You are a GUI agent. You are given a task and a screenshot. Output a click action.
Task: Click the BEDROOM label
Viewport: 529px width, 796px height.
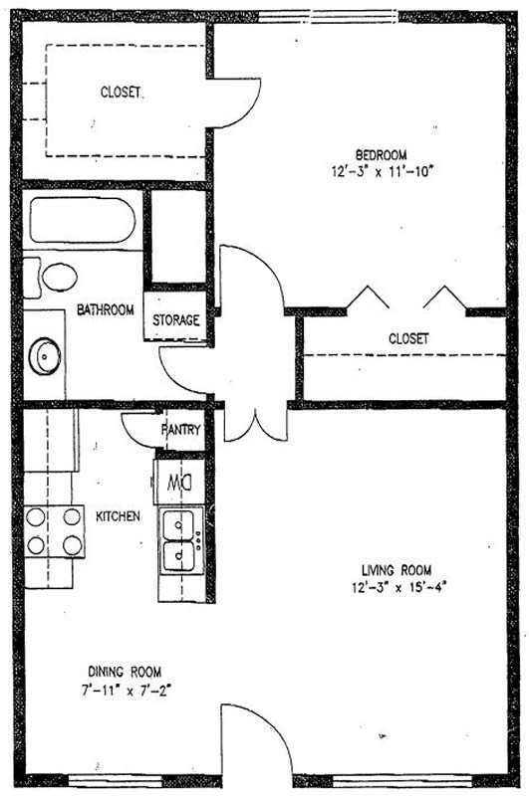(381, 155)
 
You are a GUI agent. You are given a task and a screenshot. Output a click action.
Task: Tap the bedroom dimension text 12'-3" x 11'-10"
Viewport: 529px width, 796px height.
(382, 171)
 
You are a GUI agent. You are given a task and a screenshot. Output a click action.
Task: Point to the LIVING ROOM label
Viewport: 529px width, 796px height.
(397, 570)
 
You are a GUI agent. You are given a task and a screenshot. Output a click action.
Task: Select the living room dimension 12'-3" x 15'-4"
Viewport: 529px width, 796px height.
(398, 587)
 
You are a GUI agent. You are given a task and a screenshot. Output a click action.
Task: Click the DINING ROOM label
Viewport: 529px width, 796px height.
(125, 673)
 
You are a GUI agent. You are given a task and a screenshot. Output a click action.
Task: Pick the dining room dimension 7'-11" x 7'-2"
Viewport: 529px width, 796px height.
(126, 691)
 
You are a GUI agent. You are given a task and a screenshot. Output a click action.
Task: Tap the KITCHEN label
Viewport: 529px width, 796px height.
(118, 516)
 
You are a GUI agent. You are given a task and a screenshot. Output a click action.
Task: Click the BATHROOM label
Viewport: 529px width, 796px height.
(106, 309)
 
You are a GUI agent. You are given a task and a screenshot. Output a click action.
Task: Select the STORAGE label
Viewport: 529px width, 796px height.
(175, 319)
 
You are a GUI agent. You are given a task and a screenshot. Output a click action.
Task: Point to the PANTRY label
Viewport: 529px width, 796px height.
(181, 430)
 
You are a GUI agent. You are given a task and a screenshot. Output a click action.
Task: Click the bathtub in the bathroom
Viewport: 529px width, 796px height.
(83, 220)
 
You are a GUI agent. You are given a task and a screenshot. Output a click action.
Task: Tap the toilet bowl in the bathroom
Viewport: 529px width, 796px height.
(60, 278)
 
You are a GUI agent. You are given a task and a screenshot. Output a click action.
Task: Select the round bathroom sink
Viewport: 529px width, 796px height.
(45, 356)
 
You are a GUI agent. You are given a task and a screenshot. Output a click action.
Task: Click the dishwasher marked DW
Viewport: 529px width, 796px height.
(179, 482)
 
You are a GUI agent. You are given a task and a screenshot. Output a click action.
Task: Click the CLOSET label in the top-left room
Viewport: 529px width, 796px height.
(121, 92)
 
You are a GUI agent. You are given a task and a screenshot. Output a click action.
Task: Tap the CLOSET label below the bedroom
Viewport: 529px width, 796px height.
(408, 338)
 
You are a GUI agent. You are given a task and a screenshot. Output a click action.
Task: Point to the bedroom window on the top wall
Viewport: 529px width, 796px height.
(329, 17)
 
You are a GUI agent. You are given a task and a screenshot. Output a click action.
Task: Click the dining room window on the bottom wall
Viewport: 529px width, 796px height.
(116, 781)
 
